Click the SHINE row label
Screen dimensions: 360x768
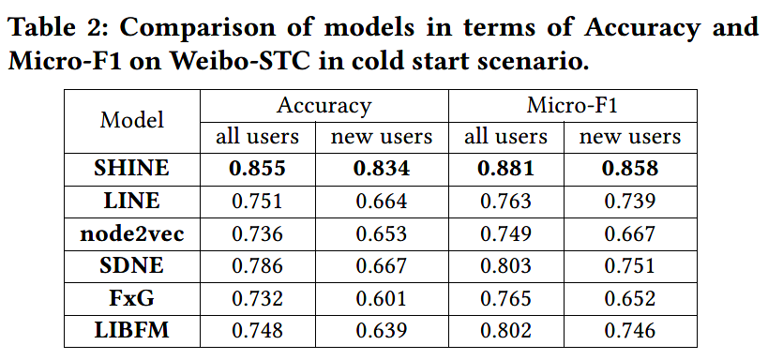[132, 169]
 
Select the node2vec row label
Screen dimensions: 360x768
[132, 233]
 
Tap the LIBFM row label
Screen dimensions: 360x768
[132, 331]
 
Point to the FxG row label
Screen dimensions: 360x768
[132, 298]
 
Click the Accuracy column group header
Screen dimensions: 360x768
[324, 105]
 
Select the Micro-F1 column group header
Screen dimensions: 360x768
[572, 105]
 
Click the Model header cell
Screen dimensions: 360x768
[132, 120]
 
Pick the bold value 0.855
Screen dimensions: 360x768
[257, 169]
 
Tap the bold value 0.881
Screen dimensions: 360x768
[505, 169]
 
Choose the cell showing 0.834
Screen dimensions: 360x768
[381, 169]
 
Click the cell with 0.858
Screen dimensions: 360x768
[629, 169]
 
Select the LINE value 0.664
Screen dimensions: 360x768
[381, 202]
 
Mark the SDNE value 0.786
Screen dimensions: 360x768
[257, 266]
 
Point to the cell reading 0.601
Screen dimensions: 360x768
[381, 298]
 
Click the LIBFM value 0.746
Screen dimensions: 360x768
[629, 331]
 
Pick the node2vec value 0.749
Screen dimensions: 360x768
[505, 233]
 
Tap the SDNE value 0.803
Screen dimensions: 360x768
[505, 266]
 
